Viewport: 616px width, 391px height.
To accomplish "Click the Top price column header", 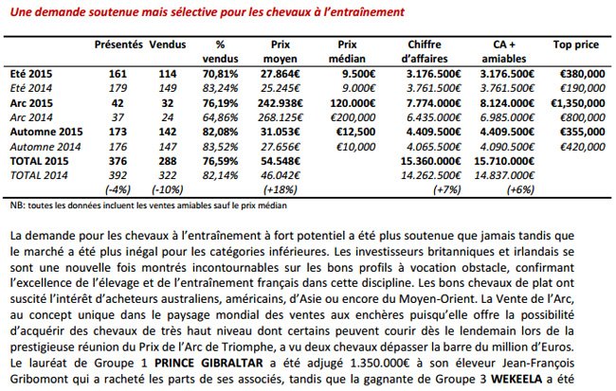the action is pos(576,44).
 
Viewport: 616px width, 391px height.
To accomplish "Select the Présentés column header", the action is pos(118,44).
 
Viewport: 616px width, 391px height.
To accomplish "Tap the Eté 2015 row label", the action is pos(31,74).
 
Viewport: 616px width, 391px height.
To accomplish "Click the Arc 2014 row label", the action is pos(31,117).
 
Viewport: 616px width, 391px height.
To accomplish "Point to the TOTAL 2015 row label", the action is pos(39,161).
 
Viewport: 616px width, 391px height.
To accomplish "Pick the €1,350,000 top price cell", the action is pos(577,103).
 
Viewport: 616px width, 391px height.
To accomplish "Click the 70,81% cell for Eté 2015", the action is pos(220,74).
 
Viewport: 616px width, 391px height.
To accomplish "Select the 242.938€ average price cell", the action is pos(281,103).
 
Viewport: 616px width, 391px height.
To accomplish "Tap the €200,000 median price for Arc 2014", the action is pos(353,117).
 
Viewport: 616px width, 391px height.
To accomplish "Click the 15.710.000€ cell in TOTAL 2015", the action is pos(504,161).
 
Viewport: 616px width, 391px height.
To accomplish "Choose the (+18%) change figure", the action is pos(281,189).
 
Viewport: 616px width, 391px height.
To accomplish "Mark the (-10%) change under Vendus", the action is pos(168,189).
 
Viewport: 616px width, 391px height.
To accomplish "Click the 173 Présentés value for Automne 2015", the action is pos(118,132).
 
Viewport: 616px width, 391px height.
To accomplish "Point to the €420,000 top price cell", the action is pos(583,147).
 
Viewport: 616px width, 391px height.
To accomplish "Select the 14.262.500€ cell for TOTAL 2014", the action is pos(430,175).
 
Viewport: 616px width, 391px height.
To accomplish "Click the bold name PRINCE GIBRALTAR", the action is pos(208,363).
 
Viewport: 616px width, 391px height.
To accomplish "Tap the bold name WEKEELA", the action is pos(516,380).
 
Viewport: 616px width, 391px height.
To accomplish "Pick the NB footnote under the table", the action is pos(149,205).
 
